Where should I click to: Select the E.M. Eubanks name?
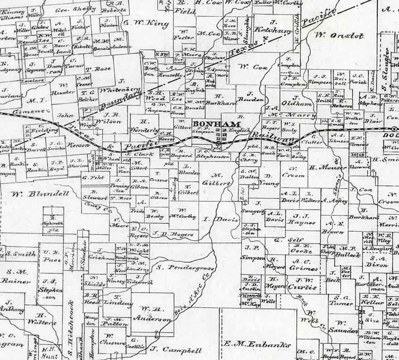coord(257,345)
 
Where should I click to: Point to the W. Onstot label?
coord(339,35)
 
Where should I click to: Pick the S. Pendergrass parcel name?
coord(185,267)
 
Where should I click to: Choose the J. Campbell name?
coord(176,350)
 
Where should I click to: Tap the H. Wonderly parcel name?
coord(144,126)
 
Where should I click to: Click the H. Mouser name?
coord(321,167)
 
